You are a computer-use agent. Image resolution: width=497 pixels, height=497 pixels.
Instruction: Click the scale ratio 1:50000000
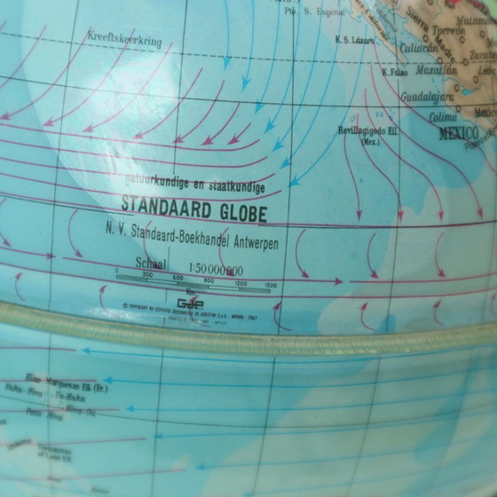212,266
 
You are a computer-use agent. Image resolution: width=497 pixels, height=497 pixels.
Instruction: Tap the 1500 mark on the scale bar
271,285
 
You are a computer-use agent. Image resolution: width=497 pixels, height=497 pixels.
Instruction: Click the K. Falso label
394,72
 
